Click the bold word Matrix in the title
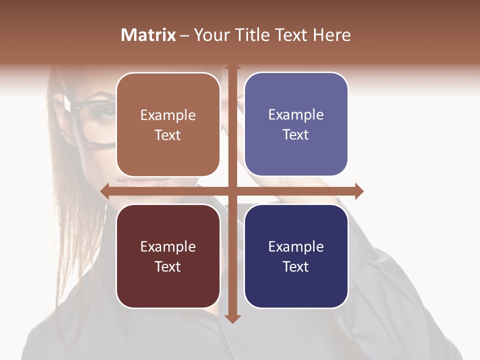coord(148,35)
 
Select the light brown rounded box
coord(168,124)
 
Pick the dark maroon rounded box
coord(168,256)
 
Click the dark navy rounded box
coord(296,256)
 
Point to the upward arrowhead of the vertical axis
coord(232,68)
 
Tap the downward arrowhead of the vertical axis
coord(232,318)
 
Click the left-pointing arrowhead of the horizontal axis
coord(105,191)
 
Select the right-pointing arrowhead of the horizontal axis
coord(358,191)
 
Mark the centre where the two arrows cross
coord(232,191)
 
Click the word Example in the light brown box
coord(168,115)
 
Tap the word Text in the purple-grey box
coord(296,135)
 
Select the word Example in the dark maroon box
coord(168,246)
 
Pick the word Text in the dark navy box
coord(296,266)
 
